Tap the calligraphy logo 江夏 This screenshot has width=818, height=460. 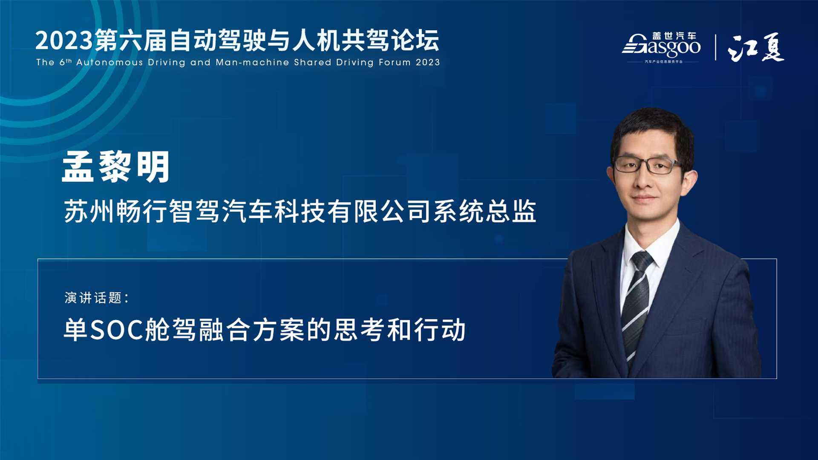(756, 47)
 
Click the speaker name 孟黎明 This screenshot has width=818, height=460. (116, 167)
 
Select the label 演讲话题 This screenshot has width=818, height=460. (93, 298)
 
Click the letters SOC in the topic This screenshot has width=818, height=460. (117, 330)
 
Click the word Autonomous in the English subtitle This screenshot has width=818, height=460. (109, 62)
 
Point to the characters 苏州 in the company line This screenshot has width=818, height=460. (89, 211)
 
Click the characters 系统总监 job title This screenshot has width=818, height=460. (485, 211)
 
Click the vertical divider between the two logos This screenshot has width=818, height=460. (715, 47)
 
